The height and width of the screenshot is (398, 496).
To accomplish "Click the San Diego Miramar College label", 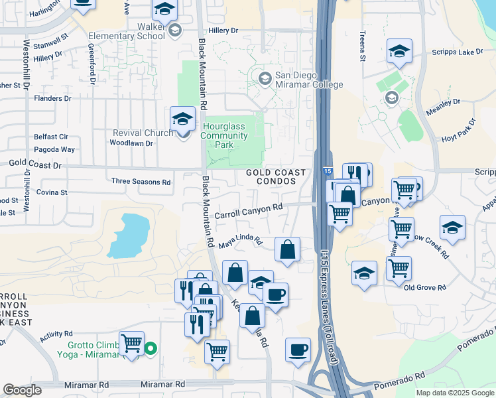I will pyautogui.click(x=300, y=80).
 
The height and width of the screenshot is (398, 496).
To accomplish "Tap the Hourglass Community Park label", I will pyautogui.click(x=225, y=135).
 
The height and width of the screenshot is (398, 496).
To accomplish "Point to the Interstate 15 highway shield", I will pyautogui.click(x=330, y=171).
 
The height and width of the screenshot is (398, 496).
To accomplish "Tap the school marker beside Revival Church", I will pyautogui.click(x=182, y=119).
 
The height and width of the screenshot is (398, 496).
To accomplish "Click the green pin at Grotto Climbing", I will pyautogui.click(x=151, y=347).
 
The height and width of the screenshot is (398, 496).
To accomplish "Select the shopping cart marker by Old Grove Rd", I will pyautogui.click(x=399, y=269).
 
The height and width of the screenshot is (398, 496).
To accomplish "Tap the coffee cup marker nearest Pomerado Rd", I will pyautogui.click(x=298, y=349).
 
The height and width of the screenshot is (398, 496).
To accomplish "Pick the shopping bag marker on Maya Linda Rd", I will pyautogui.click(x=287, y=250).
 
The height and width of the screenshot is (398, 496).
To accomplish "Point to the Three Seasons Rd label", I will pyautogui.click(x=141, y=181).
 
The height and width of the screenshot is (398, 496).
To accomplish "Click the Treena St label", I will pyautogui.click(x=363, y=46).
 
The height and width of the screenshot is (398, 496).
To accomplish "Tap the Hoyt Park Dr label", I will pyautogui.click(x=459, y=132).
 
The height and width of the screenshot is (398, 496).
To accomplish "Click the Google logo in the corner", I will pyautogui.click(x=22, y=390).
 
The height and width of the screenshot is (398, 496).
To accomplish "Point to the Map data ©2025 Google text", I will pyautogui.click(x=454, y=393).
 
